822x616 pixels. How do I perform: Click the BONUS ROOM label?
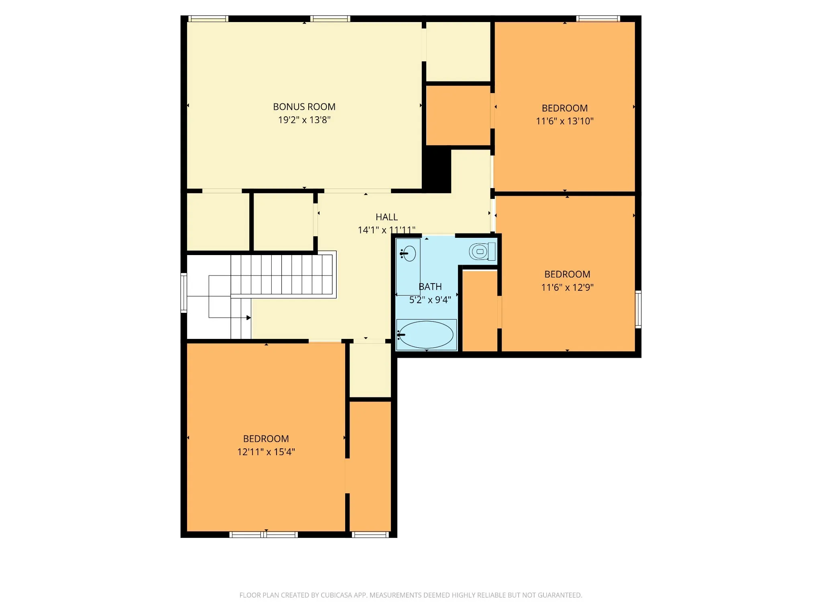(304, 107)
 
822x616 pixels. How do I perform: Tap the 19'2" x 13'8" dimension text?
(304, 120)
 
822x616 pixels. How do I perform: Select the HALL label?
(387, 217)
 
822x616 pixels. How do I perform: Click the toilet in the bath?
(482, 252)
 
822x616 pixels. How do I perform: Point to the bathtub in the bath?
(426, 334)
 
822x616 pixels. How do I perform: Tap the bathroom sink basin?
(409, 253)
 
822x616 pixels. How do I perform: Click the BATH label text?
(430, 287)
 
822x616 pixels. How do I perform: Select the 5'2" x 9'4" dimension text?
(430, 300)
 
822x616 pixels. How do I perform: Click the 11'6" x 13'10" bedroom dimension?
(565, 121)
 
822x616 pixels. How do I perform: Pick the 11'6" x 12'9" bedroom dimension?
(567, 288)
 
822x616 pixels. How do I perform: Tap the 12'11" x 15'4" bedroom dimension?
(266, 452)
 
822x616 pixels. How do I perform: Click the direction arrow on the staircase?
(248, 318)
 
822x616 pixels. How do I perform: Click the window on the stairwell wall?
(183, 293)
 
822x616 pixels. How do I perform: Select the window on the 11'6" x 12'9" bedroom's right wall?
(638, 309)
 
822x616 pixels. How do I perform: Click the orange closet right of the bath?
(480, 311)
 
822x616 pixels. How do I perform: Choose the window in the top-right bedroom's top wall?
(598, 18)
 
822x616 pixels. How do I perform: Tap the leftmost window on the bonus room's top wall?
(208, 18)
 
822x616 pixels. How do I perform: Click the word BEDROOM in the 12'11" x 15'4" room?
(266, 439)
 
